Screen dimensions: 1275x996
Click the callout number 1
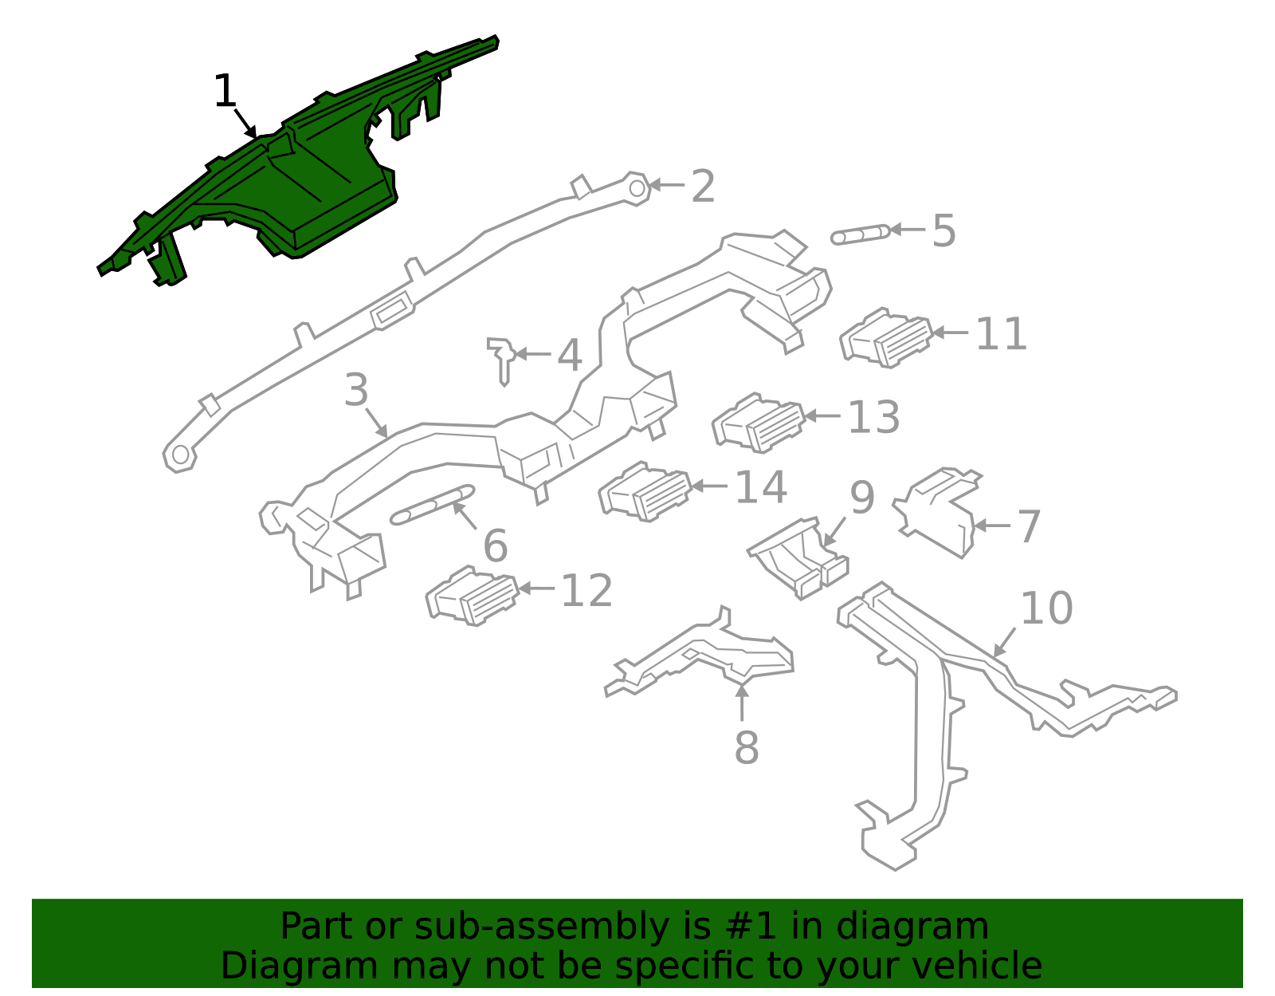pos(225,91)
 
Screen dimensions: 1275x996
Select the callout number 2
pos(702,187)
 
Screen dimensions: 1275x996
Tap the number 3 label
pos(356,390)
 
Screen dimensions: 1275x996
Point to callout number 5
pos(943,230)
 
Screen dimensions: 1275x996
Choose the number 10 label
pos(1046,608)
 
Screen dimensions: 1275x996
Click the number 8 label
pos(747,748)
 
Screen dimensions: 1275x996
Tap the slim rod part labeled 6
pos(432,505)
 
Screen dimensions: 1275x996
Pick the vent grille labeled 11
pos(886,337)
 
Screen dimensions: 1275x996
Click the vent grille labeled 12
pos(473,596)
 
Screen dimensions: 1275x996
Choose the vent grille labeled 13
pos(759,423)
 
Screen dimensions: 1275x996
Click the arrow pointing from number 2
pos(666,185)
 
